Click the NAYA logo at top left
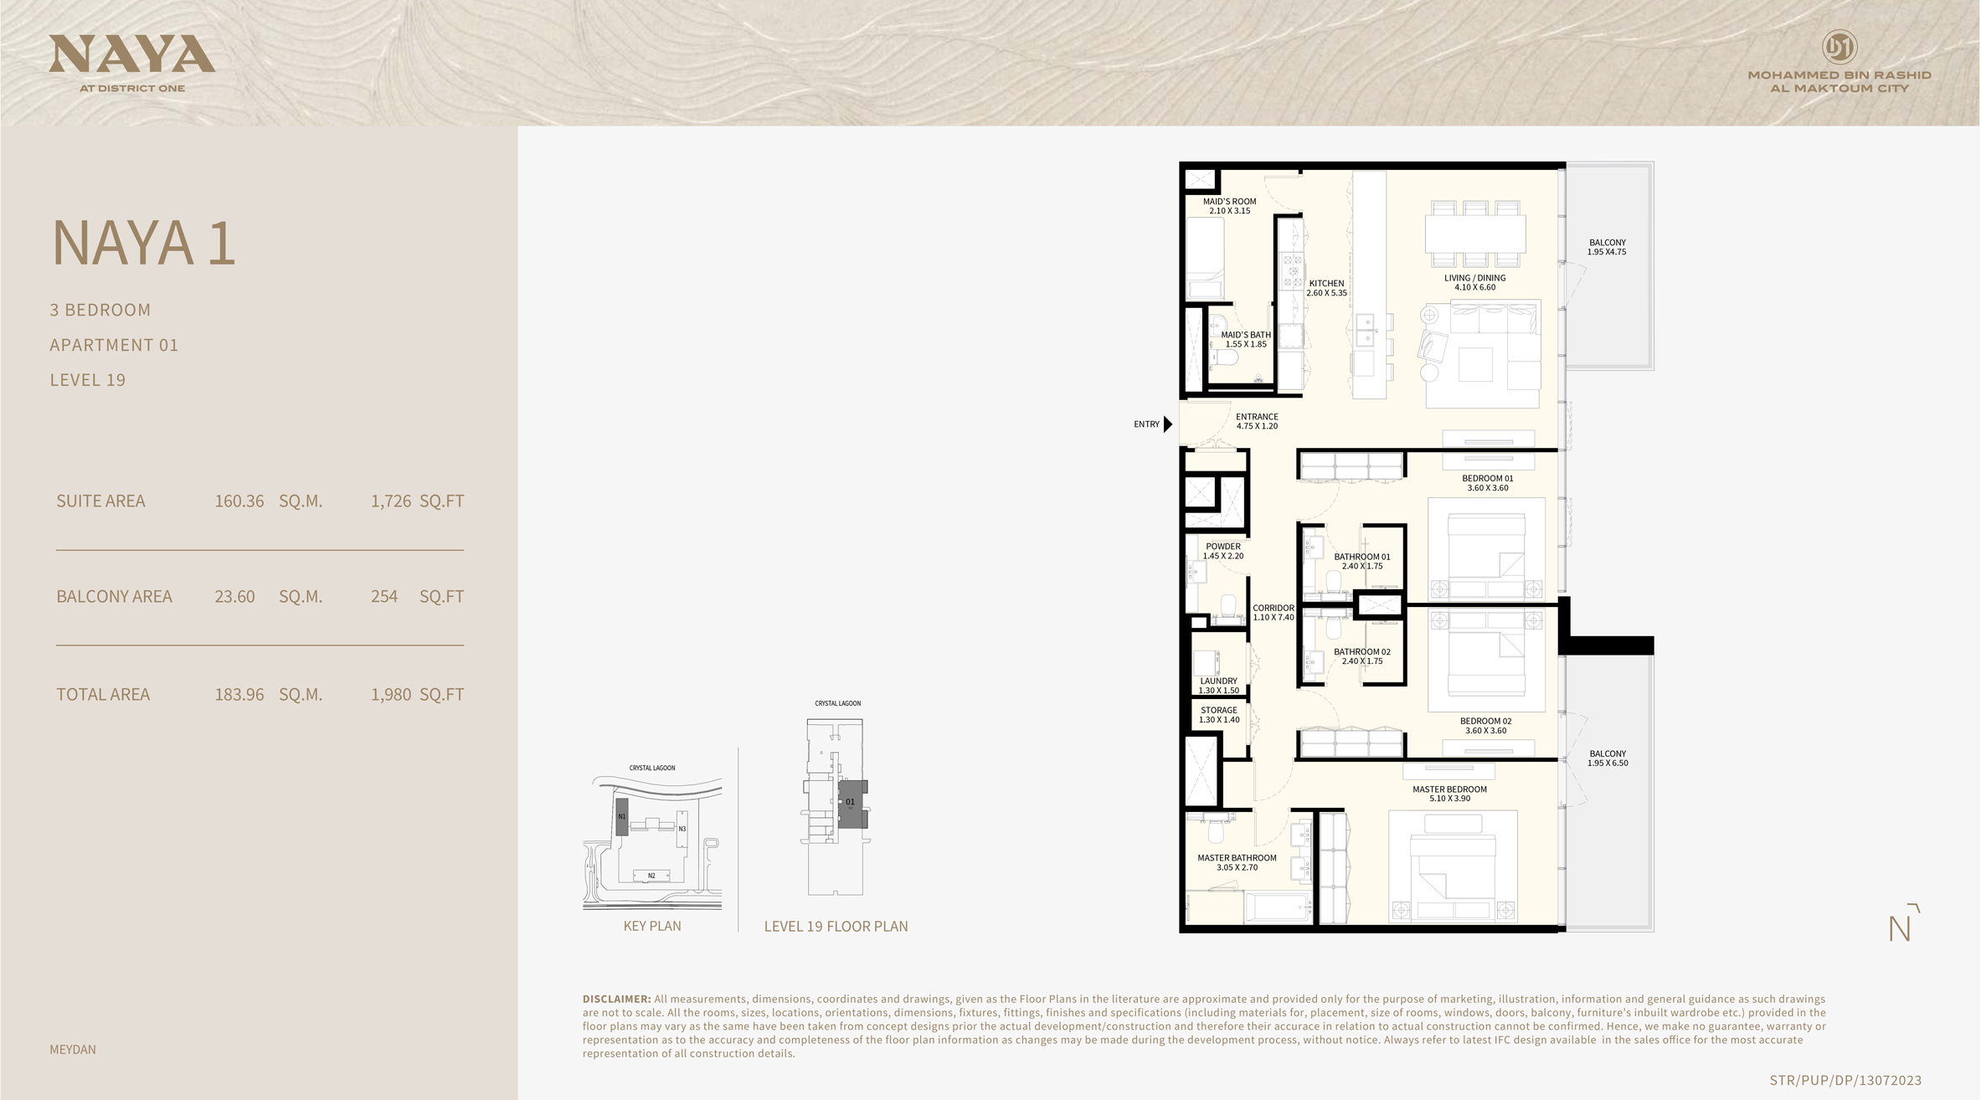131,54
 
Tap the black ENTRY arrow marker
1168,424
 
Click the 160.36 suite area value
239,501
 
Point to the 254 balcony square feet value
383,597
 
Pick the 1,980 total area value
390,695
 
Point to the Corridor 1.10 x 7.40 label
1273,613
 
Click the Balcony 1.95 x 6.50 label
1607,758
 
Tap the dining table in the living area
1474,234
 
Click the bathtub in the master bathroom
1278,907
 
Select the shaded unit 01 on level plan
852,804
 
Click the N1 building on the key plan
621,816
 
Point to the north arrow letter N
1899,929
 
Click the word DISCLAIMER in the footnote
616,1000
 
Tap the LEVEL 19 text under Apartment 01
88,380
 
